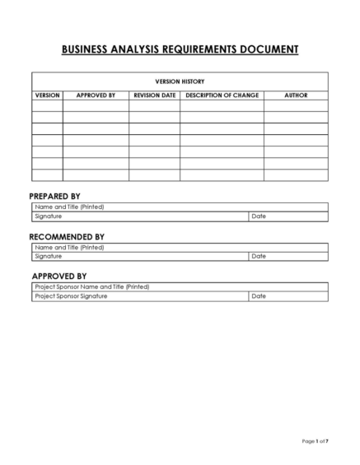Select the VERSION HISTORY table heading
point(180,81)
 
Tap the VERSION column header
point(47,95)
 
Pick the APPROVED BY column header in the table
point(96,95)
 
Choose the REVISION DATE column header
point(154,95)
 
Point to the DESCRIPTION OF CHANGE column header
point(222,95)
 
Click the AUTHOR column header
point(296,95)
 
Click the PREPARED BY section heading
point(54,196)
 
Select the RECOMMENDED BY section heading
point(67,237)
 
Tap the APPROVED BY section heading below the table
point(59,276)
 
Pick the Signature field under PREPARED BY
point(140,216)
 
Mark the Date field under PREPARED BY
point(288,216)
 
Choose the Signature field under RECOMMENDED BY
point(140,256)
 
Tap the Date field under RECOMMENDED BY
point(288,256)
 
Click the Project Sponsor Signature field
point(140,295)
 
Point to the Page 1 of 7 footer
point(315,442)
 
